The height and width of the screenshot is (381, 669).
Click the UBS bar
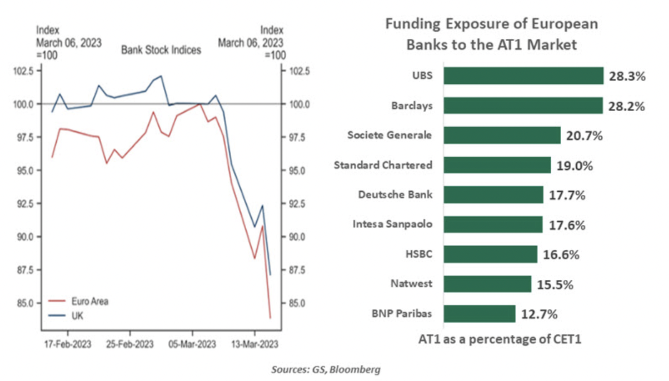click(x=523, y=76)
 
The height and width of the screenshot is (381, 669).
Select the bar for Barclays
click(x=523, y=106)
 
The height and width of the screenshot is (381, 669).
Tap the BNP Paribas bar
click(x=480, y=314)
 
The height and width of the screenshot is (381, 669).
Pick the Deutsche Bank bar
click(x=493, y=195)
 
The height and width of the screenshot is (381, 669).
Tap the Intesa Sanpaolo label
click(x=392, y=224)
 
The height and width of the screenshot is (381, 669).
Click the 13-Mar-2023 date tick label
click(x=254, y=344)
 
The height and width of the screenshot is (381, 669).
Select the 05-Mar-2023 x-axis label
click(x=192, y=344)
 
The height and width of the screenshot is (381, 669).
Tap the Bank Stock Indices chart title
click(x=161, y=50)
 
